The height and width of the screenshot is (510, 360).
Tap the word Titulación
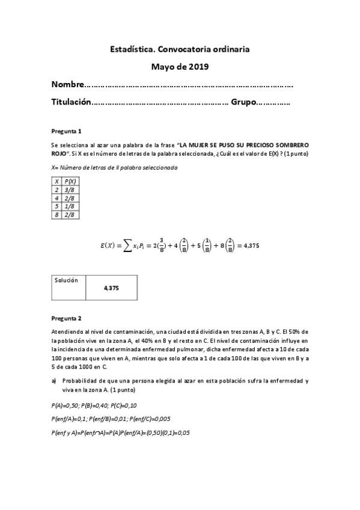72,103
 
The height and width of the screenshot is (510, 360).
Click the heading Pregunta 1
66,131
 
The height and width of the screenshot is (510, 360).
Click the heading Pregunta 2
66,318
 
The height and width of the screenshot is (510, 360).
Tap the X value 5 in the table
56,206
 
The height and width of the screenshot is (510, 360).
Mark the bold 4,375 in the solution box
111,289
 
